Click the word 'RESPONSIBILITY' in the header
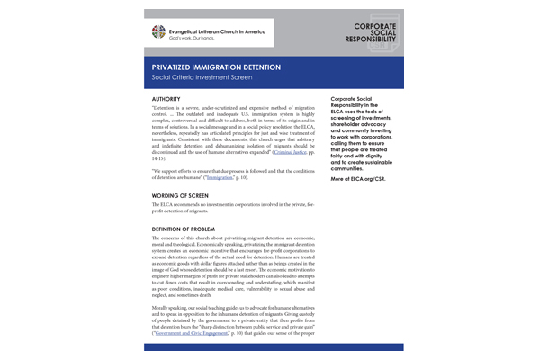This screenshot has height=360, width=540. pos(362,41)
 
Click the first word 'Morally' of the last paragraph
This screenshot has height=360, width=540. pos(163,319)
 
